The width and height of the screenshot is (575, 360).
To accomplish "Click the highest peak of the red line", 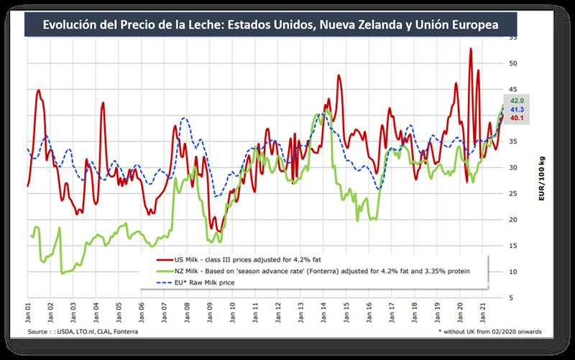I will click(x=470, y=49).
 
